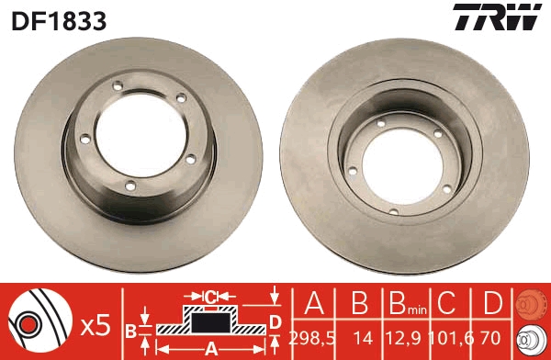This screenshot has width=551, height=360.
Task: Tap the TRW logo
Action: pos(505,17)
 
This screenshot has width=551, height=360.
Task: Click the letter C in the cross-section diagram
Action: pos(209,297)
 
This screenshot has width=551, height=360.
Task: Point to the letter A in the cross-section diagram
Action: pos(209,348)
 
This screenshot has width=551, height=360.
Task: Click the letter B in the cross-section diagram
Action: pos(130,329)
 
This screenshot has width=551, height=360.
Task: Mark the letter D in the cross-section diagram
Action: pos(275,321)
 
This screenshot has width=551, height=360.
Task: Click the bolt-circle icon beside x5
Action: pos(36,322)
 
